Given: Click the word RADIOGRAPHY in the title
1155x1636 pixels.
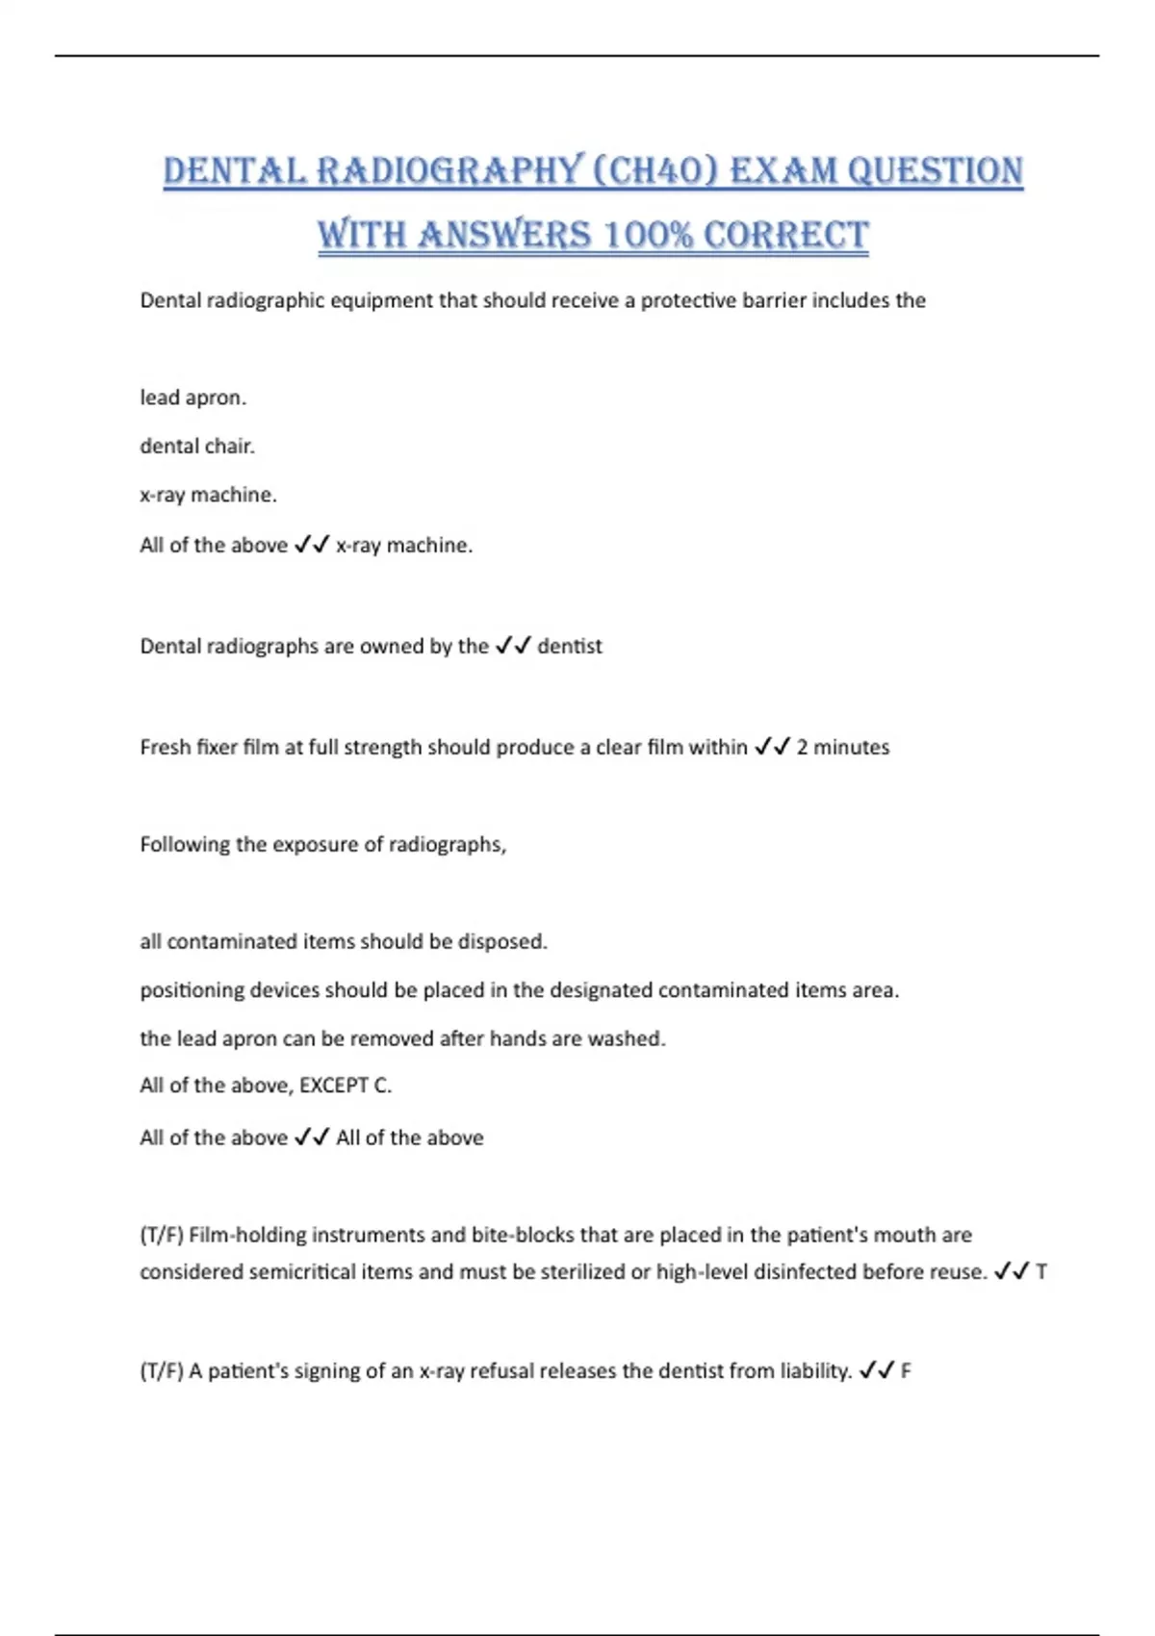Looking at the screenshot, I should tap(449, 171).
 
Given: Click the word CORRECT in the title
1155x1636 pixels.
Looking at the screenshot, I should tap(786, 236).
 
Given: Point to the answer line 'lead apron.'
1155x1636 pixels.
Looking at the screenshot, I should tap(193, 397).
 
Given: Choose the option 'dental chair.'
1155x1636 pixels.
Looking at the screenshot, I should tap(197, 447).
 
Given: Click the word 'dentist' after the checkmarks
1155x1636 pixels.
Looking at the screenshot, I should tap(570, 647).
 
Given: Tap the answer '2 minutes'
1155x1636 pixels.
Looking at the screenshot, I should tap(843, 748).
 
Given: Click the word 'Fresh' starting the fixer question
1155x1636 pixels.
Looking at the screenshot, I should tap(165, 748).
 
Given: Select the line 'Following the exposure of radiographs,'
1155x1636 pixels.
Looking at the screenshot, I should tap(323, 845).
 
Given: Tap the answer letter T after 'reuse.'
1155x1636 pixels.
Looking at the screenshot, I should tap(1041, 1272).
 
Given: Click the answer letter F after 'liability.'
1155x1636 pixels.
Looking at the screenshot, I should tap(906, 1371).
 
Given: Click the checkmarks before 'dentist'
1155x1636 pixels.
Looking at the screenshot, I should tap(513, 647).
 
